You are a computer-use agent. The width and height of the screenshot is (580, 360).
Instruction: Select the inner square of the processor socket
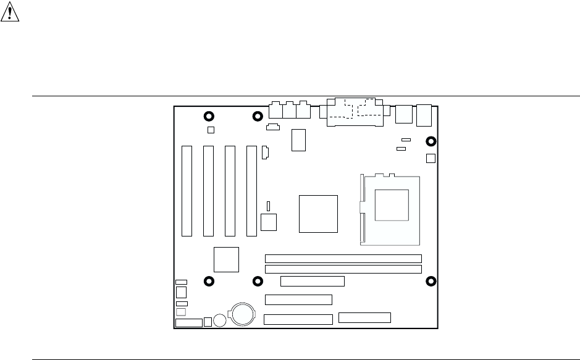[392, 205]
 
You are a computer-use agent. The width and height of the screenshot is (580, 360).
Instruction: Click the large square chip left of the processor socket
[318, 213]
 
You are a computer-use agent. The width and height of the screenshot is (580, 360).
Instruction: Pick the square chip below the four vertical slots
[226, 259]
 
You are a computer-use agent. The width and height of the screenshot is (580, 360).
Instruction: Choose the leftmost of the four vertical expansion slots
[187, 190]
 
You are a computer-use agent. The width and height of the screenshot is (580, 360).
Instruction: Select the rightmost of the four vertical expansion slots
[251, 190]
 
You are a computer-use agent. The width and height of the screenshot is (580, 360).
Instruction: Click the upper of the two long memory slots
[343, 258]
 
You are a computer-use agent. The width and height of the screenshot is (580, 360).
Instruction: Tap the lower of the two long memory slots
[343, 269]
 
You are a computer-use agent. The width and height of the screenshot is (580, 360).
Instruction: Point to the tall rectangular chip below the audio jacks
[299, 140]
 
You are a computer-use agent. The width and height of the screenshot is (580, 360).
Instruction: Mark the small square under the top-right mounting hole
[431, 158]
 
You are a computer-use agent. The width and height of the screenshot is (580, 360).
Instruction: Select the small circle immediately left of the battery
[220, 320]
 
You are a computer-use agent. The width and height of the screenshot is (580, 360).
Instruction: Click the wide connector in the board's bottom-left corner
[188, 323]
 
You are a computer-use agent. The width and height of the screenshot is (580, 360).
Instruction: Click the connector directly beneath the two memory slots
[312, 282]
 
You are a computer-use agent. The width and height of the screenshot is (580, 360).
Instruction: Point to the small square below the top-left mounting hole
[210, 130]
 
